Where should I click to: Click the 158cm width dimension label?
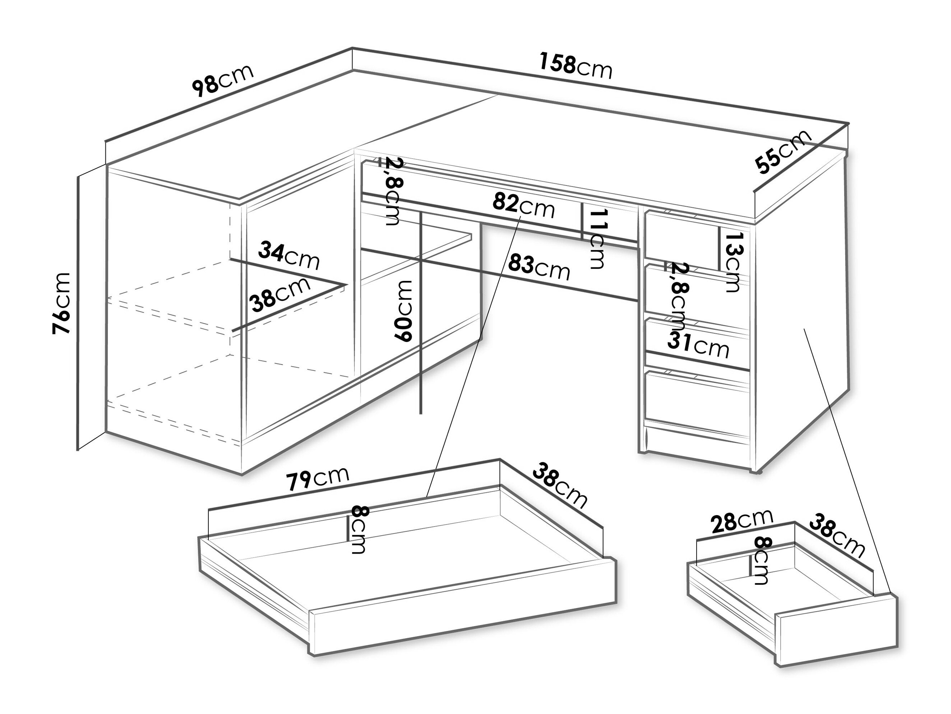575,67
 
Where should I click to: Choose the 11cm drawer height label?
597,239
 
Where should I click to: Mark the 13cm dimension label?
732,262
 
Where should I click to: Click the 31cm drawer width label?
698,345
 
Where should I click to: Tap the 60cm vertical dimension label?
404,311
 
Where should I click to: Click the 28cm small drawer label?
742,521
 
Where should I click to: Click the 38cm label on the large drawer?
560,486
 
